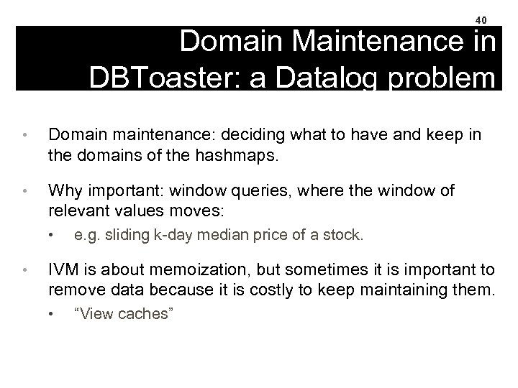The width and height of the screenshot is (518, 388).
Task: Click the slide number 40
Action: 481,20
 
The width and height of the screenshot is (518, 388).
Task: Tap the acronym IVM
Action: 63,270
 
